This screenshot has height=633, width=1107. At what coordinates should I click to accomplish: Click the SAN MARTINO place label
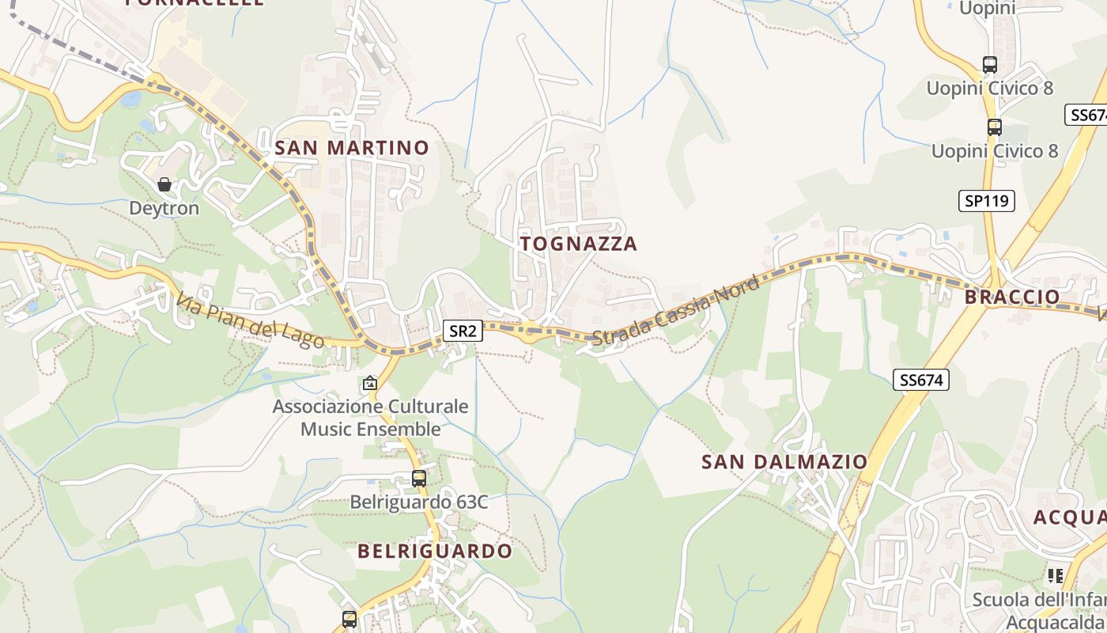(351, 148)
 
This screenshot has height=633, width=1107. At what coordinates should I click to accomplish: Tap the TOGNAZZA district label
(579, 244)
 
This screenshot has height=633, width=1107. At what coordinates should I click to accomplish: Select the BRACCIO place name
(1012, 297)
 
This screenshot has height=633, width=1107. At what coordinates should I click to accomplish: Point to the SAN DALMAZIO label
(784, 461)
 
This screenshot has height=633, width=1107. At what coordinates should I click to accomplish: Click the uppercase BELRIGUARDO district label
(435, 551)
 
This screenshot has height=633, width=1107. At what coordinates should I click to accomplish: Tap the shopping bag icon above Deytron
(164, 184)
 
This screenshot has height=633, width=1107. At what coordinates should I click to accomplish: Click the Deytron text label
(164, 208)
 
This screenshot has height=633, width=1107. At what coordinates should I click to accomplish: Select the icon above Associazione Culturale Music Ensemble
(369, 384)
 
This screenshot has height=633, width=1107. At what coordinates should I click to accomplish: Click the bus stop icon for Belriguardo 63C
(419, 478)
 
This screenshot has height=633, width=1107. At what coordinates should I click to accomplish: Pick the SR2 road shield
(462, 331)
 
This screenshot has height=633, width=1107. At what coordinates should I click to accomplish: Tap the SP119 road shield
(987, 201)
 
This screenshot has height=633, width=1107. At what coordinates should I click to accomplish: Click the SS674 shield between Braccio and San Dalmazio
(922, 380)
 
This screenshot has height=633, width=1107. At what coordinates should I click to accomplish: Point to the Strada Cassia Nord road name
(675, 310)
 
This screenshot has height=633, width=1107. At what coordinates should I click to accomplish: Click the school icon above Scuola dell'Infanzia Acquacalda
(1055, 575)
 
